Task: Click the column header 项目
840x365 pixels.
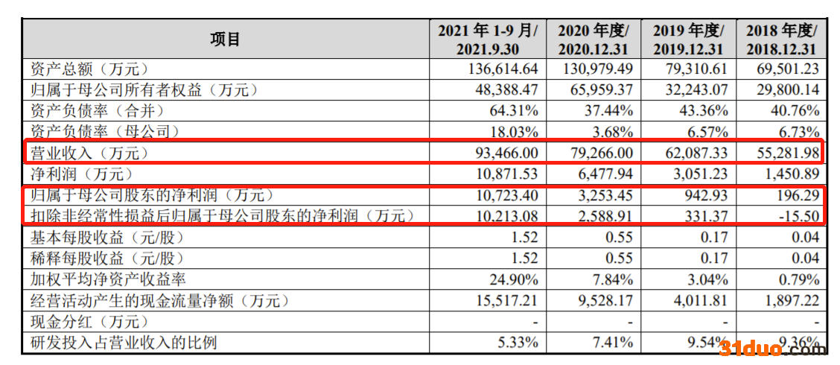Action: click(x=226, y=39)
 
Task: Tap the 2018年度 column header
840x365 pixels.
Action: click(x=781, y=39)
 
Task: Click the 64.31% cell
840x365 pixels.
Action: click(x=513, y=111)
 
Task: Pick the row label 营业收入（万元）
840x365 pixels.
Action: click(x=89, y=153)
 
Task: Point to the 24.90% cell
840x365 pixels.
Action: click(x=513, y=280)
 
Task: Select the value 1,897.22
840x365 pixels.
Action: click(x=788, y=301)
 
